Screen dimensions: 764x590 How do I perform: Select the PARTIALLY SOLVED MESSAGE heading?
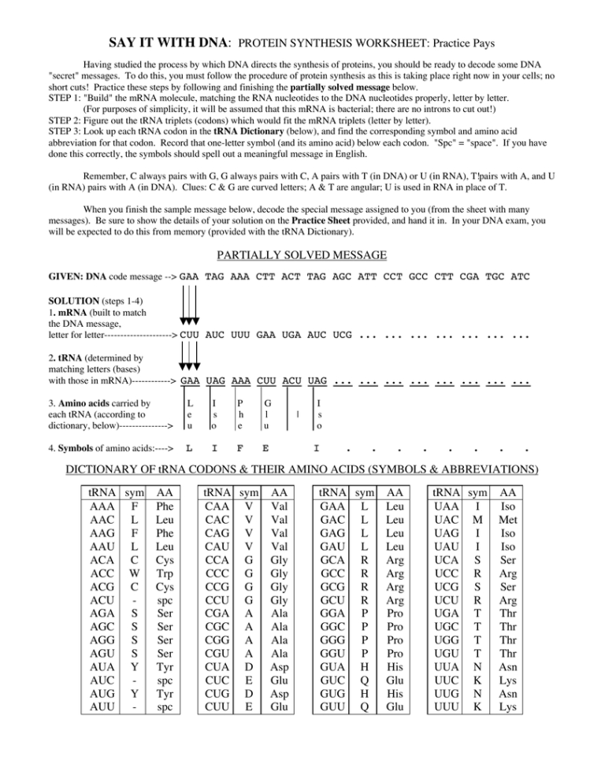coord(295,254)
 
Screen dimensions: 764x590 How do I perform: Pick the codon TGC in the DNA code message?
coord(493,276)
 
